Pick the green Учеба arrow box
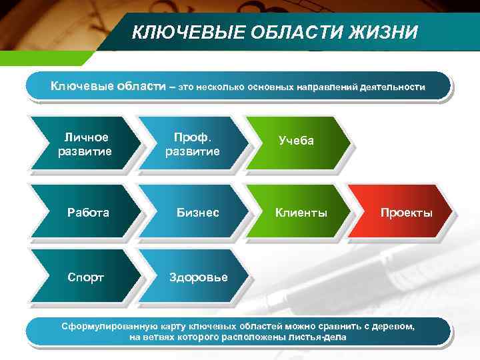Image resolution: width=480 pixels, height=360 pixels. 296,141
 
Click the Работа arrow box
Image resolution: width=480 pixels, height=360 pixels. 88,213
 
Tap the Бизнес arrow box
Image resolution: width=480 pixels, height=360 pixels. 197,213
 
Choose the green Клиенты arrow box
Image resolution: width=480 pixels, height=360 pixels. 301,213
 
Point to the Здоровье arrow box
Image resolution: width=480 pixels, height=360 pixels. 198,277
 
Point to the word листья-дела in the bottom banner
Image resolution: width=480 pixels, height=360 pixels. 319,337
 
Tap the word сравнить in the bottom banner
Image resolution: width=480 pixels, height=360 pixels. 340,327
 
